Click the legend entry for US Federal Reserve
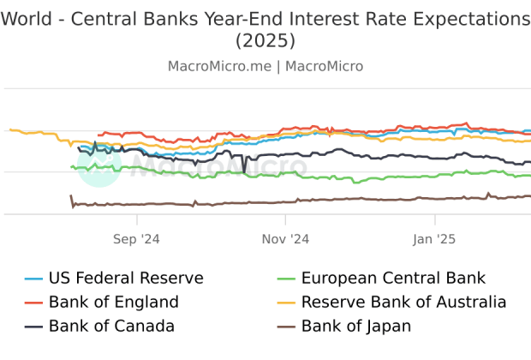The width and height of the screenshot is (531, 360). [126, 278]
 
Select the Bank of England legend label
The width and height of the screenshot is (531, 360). [113, 302]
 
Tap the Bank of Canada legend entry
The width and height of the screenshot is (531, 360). [111, 326]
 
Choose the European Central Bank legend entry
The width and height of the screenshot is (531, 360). [393, 278]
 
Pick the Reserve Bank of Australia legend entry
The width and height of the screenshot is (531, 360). [403, 302]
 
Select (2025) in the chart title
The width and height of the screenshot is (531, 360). [265, 40]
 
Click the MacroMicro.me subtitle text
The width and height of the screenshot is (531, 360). [218, 66]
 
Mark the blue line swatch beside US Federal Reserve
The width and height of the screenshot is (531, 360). [33, 279]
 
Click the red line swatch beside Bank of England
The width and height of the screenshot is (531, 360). [33, 303]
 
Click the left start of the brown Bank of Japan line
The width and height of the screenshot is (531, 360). [71, 197]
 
